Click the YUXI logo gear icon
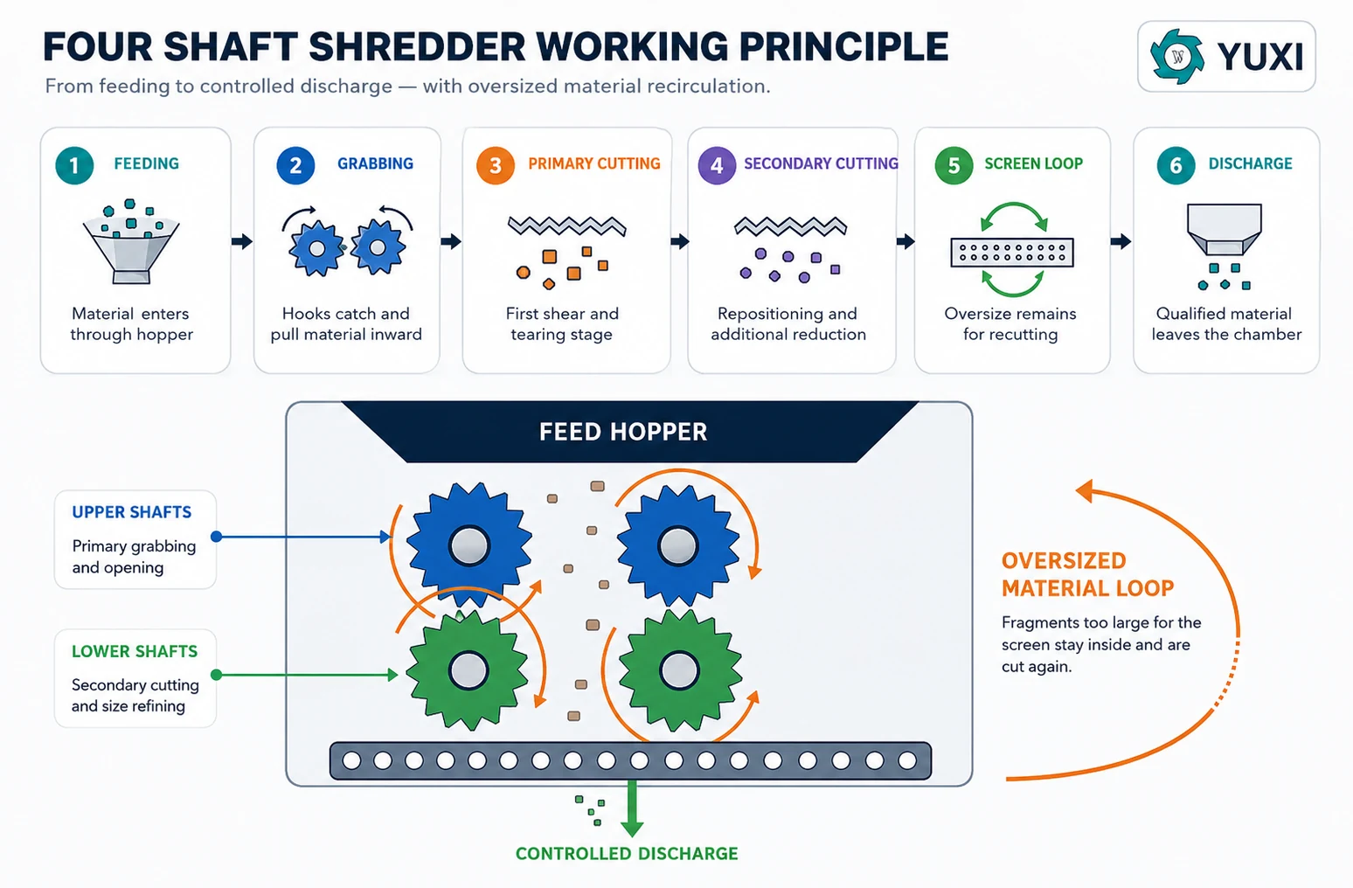(1176, 56)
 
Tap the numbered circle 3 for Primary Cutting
(495, 165)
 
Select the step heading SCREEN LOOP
(1033, 163)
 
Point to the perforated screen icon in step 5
(1012, 253)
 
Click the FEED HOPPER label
(622, 432)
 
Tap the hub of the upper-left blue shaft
(468, 545)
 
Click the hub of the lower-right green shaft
(679, 670)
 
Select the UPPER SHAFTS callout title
(132, 512)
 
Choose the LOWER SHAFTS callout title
(134, 651)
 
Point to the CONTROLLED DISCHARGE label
(627, 854)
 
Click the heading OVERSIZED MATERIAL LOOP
(1088, 574)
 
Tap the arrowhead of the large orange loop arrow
(1085, 490)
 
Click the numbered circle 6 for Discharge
(1176, 165)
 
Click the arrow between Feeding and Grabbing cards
(242, 241)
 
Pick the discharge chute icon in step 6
(1225, 230)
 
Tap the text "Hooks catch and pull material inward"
(346, 323)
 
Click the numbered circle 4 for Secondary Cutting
(717, 165)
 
